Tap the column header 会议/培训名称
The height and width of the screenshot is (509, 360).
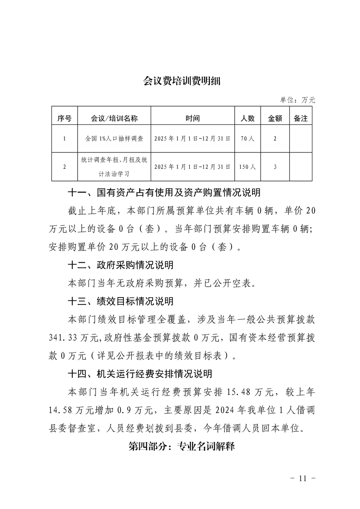[x=114, y=118]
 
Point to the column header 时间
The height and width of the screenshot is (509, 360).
[x=192, y=118]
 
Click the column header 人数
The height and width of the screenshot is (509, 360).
[x=247, y=118]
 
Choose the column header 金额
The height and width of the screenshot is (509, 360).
[x=275, y=118]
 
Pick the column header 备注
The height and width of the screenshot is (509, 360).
[x=301, y=118]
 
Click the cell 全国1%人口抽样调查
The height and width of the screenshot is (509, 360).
[x=114, y=139]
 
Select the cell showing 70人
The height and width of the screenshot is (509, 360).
[x=247, y=139]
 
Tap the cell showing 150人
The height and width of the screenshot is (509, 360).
[x=247, y=167]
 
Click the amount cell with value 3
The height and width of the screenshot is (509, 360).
[x=275, y=167]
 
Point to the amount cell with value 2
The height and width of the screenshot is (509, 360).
[x=275, y=139]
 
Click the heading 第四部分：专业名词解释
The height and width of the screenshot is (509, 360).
[x=182, y=446]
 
